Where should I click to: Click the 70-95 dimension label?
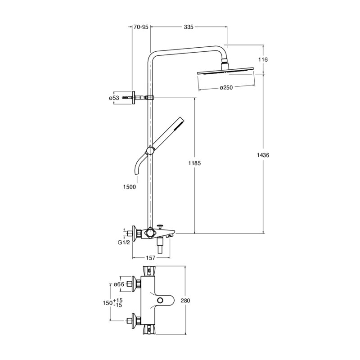[x=141, y=27]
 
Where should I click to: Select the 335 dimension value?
[x=189, y=27]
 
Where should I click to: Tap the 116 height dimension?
[x=263, y=59]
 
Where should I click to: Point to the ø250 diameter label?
[x=226, y=87]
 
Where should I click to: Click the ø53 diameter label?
[x=114, y=98]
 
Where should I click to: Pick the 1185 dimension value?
[x=194, y=163]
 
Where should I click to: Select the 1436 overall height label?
[x=263, y=155]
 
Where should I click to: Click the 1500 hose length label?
[x=130, y=187]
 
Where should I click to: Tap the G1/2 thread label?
[x=124, y=243]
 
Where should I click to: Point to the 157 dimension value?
[x=151, y=258]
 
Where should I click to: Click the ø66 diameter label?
[x=119, y=284]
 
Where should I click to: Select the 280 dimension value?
[x=185, y=300]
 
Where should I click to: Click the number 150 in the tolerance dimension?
[x=107, y=303]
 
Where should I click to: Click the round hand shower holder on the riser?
[x=150, y=151]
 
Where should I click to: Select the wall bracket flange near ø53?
[x=133, y=98]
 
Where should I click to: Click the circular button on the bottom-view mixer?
[x=160, y=300]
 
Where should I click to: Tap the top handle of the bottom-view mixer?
[x=149, y=271]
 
